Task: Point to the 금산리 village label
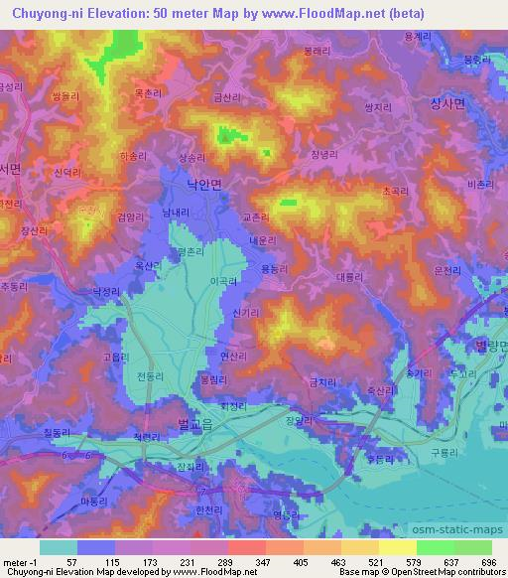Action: (240, 98)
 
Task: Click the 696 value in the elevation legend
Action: (487, 561)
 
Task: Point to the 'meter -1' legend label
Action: (20, 561)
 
